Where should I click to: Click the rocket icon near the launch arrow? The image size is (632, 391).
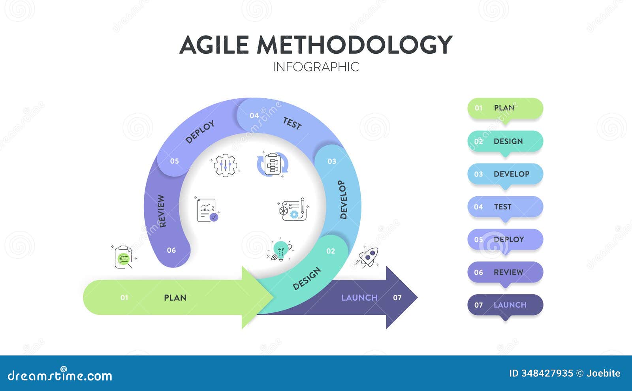[x=368, y=257]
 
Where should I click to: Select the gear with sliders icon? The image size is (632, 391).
[x=225, y=165]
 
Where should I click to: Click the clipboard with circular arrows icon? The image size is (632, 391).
[x=273, y=164]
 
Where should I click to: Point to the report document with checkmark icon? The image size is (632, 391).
[x=207, y=210]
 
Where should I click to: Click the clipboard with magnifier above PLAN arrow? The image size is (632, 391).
[x=124, y=257]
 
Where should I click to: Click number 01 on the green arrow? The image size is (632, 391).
[x=124, y=297]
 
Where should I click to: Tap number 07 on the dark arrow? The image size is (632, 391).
[x=397, y=297]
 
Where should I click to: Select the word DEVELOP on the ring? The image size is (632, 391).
[x=343, y=199]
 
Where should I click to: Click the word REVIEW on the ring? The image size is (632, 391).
[x=162, y=211]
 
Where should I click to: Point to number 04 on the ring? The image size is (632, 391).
[x=254, y=115]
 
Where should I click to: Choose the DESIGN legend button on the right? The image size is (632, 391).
[x=505, y=141]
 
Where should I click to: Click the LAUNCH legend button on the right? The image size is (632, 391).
[x=505, y=305]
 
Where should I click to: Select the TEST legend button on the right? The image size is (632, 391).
[x=505, y=207]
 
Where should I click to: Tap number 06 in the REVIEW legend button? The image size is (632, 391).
[x=478, y=272]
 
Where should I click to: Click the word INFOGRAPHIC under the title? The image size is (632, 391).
[x=316, y=67]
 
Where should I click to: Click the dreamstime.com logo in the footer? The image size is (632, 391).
[x=60, y=375]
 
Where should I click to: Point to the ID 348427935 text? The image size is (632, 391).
[x=541, y=373]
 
